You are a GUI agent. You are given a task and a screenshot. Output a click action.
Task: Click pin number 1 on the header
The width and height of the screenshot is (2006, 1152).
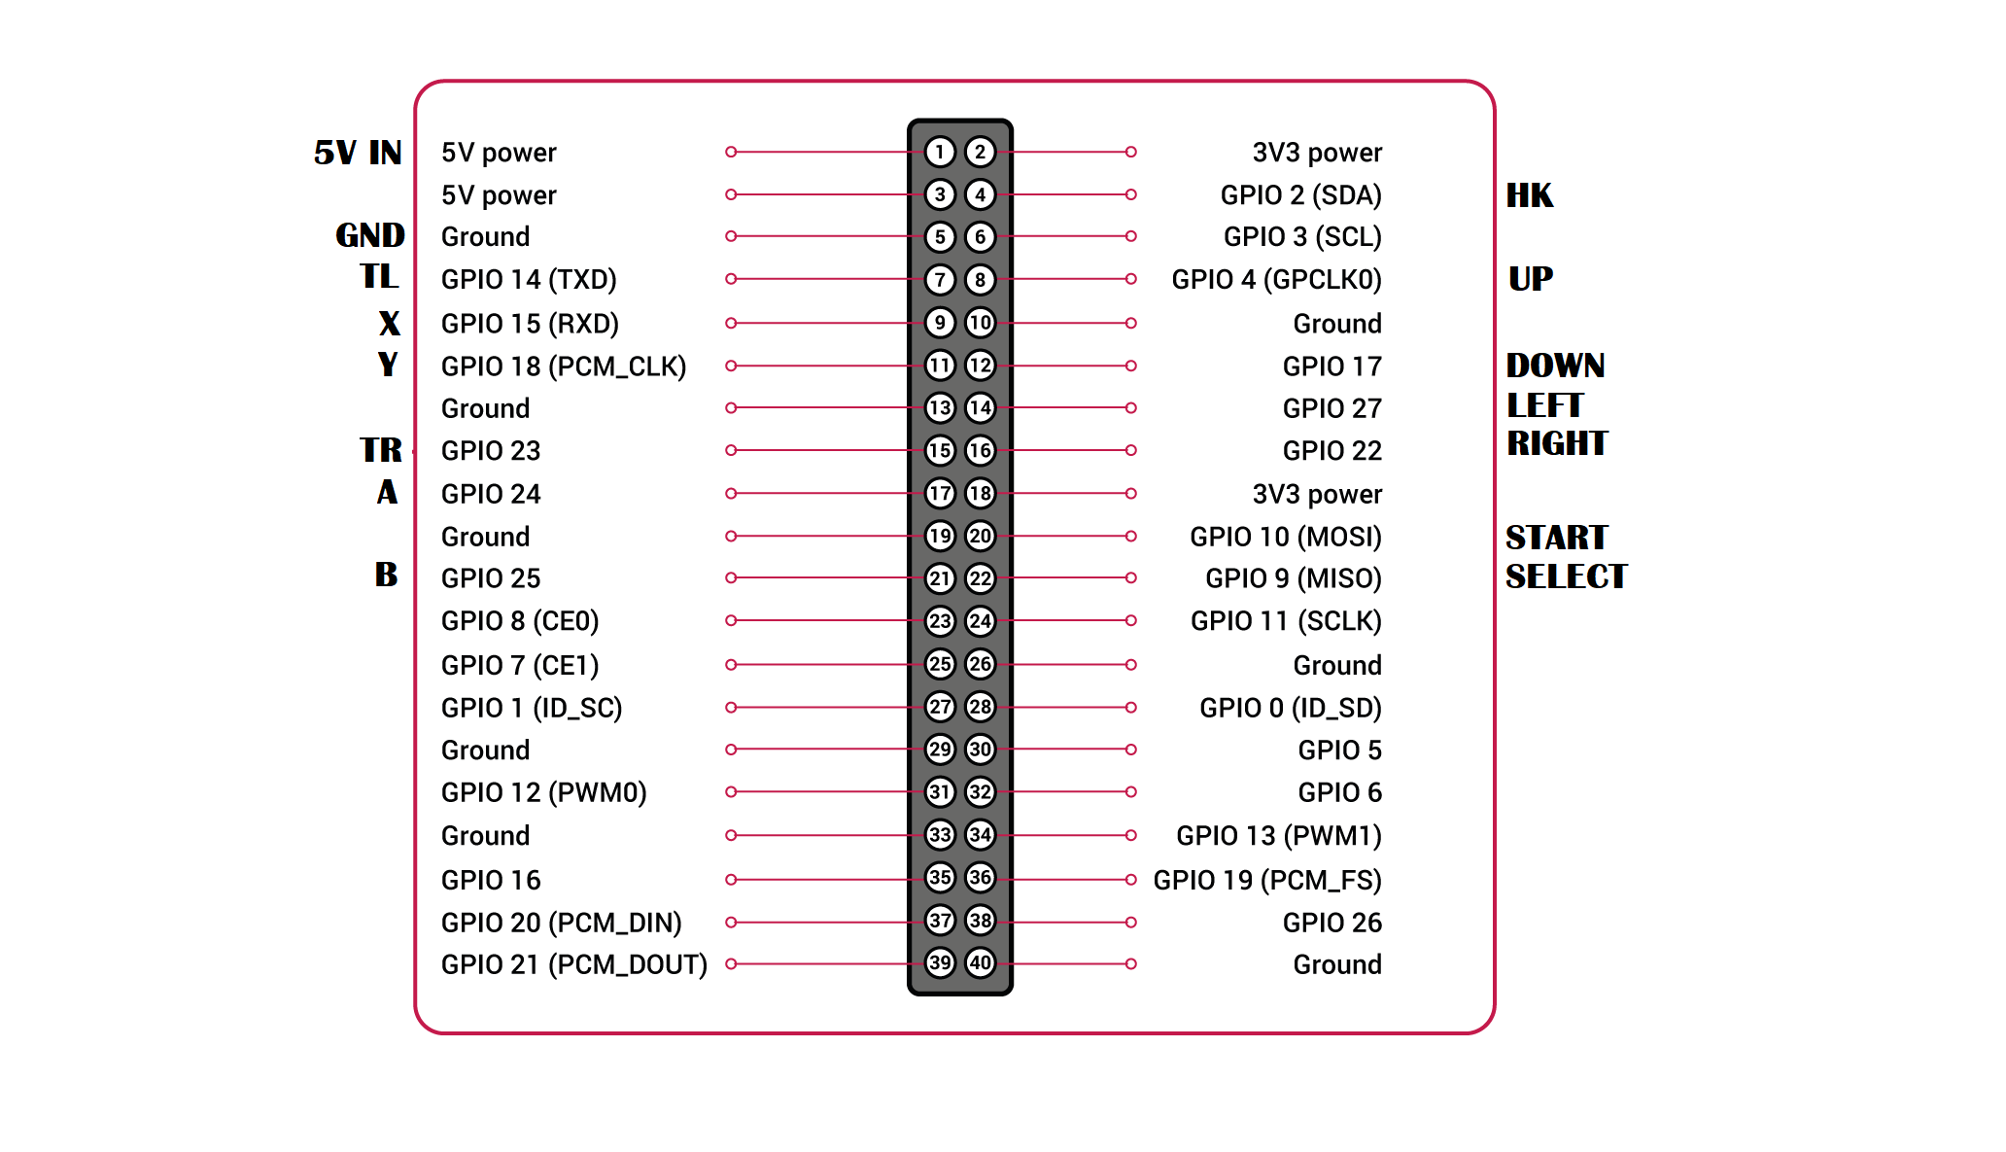[939, 152]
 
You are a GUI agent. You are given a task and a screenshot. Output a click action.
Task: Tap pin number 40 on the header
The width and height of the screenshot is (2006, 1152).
[980, 963]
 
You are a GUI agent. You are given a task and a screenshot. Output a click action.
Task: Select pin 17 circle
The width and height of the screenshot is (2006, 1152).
[939, 493]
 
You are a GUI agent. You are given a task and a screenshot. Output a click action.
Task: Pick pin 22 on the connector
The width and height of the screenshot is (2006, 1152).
[980, 578]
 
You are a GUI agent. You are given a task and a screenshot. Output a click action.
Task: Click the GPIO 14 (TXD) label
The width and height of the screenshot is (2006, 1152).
[529, 280]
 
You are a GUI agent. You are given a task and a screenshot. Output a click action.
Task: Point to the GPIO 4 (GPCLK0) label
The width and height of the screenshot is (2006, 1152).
[1276, 280]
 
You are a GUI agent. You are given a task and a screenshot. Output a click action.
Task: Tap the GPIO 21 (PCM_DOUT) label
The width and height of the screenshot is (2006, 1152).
[574, 964]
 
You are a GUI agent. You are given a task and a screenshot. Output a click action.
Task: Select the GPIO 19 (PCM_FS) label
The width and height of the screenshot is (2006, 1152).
[1267, 880]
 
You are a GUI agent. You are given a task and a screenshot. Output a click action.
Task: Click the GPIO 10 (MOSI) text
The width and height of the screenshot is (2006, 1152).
[1286, 537]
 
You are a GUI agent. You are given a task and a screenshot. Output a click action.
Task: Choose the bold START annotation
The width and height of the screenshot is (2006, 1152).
[1556, 538]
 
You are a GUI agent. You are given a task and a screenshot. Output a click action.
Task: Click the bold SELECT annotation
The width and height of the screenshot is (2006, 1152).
[1566, 576]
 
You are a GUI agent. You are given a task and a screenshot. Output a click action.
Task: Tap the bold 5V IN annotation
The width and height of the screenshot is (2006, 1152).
[358, 153]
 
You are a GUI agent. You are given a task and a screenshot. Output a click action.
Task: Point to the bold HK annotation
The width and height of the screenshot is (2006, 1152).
[1530, 195]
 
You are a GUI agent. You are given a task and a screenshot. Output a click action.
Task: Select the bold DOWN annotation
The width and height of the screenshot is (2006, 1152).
[1555, 366]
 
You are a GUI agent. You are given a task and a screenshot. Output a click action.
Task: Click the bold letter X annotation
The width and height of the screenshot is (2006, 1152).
[389, 323]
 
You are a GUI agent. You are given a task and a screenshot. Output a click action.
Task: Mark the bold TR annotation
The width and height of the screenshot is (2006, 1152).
[381, 450]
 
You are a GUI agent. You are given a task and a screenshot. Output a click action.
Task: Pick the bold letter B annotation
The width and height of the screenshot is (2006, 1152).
[386, 575]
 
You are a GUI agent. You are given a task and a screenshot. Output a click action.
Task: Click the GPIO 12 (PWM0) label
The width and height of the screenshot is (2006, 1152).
[543, 793]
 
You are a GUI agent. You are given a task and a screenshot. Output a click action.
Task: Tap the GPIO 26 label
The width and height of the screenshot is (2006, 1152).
[1332, 923]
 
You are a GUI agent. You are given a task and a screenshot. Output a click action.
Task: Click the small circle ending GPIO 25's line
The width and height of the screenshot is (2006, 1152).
[731, 577]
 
